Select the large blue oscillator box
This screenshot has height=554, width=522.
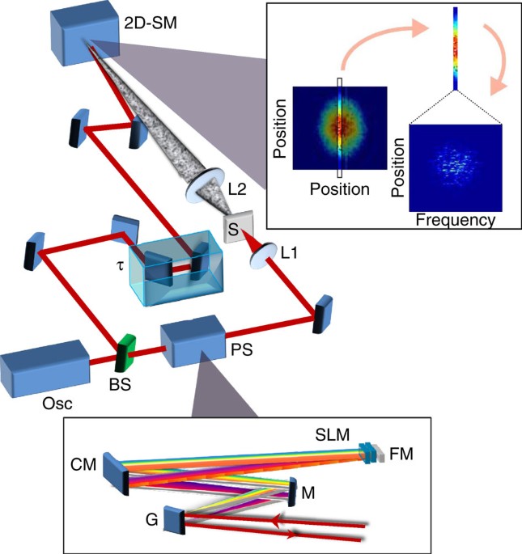45,368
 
